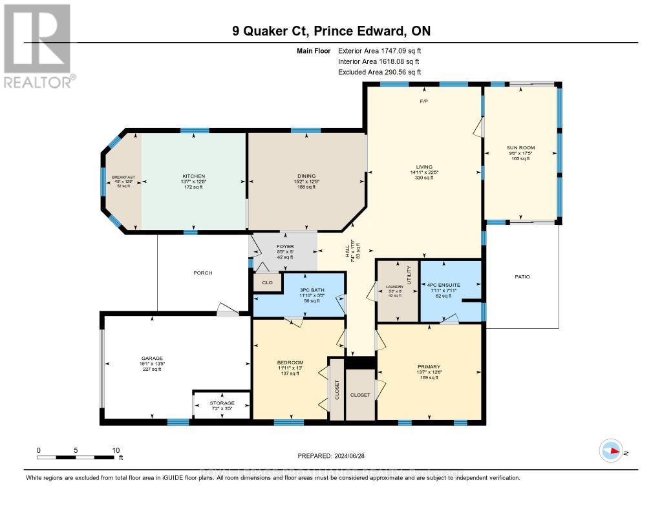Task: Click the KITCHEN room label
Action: (x=193, y=176)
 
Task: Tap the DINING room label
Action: (x=306, y=176)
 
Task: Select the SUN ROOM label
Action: (x=520, y=148)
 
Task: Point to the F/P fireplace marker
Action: (x=424, y=101)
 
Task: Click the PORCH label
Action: (x=202, y=273)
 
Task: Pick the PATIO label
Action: (x=522, y=276)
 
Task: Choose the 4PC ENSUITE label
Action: (x=443, y=284)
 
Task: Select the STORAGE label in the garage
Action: (x=221, y=402)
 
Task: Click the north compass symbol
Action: (x=610, y=451)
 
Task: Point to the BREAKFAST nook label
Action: (x=122, y=177)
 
